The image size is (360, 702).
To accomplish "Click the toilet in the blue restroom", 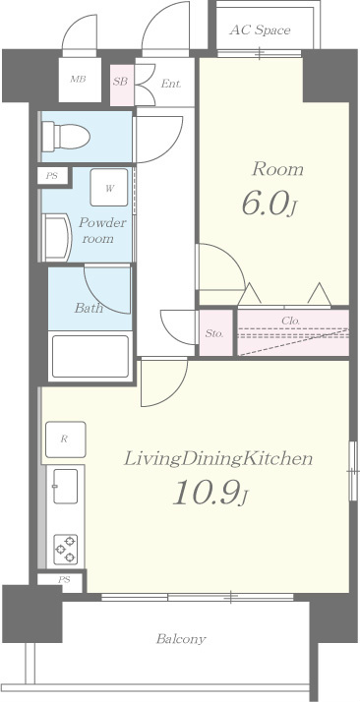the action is coord(65,136).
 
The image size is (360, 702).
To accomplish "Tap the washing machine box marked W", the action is coord(109,188).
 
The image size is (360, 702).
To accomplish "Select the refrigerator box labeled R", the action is coord(65,439).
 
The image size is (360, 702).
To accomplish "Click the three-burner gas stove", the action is coord(65,550).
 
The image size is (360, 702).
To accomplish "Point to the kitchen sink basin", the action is coord(65,486).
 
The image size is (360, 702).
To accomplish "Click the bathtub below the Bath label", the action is coord(90,356).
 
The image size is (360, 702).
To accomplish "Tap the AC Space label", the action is coord(260,30).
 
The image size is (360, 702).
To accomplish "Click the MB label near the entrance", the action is coord(78,80).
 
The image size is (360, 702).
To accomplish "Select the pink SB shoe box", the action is coord(121,86).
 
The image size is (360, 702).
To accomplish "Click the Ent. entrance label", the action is coord(171,84).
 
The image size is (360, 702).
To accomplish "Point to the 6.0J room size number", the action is coord(270,205).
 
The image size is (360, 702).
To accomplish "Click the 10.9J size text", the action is coord(210,493).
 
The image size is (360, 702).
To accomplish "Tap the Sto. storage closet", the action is coord(215,333).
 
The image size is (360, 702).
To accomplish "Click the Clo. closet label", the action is coord(290,321).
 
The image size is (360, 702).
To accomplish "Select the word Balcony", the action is coord(181,639).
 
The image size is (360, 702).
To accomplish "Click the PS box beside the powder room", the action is coord(53,175).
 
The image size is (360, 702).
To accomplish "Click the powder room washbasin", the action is coord(57,237).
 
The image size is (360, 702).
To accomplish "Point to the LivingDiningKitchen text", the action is coord(218,459).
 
